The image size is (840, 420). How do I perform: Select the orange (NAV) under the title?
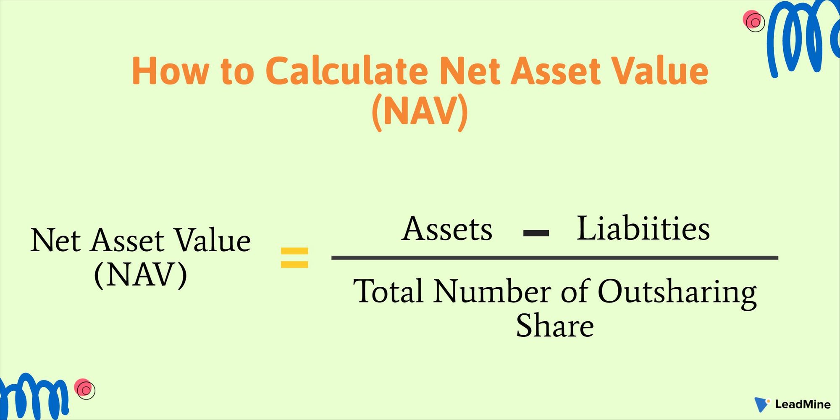pos(420,111)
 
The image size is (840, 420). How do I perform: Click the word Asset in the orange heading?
pos(556,71)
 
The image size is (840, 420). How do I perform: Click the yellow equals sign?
pos(294,257)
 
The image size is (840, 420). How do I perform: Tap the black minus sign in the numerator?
pos(536,233)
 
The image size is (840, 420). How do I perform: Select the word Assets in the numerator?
pos(447,229)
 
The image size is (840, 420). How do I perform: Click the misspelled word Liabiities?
pos(643,228)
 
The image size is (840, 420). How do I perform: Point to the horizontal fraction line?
pos(554,257)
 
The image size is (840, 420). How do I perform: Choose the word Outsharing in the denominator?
pos(677,292)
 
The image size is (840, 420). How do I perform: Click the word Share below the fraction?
pos(554,326)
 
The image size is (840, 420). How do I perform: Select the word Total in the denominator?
pos(388,291)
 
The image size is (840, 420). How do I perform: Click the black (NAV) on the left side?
pos(141,275)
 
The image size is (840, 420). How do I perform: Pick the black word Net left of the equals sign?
pos(55,241)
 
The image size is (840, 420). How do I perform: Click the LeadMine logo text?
pos(803,404)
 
